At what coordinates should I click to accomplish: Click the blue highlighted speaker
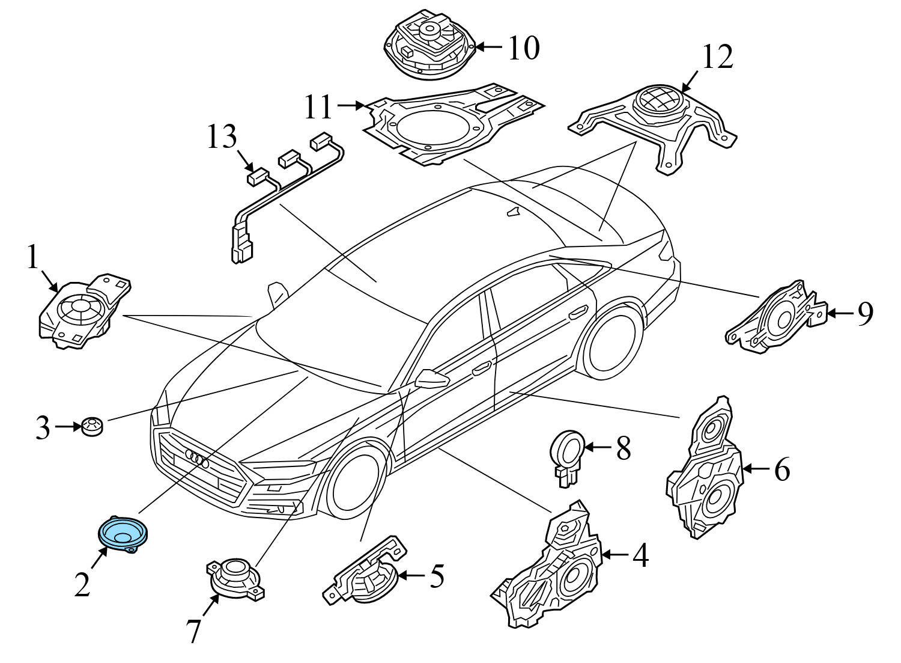pyautogui.click(x=123, y=534)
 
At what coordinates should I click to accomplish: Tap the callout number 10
pyautogui.click(x=524, y=48)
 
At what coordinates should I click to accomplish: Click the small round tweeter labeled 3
pyautogui.click(x=92, y=427)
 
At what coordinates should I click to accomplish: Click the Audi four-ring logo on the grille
pyautogui.click(x=197, y=458)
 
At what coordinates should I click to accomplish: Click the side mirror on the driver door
pyautogui.click(x=432, y=378)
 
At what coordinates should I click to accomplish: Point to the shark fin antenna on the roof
pyautogui.click(x=513, y=212)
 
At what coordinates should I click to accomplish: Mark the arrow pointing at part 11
pyautogui.click(x=351, y=105)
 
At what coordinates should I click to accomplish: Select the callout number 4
pyautogui.click(x=640, y=555)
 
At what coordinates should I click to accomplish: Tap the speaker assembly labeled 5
pyautogui.click(x=365, y=571)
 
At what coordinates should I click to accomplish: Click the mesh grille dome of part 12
pyautogui.click(x=658, y=99)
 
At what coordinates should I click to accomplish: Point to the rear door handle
pyautogui.click(x=578, y=313)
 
